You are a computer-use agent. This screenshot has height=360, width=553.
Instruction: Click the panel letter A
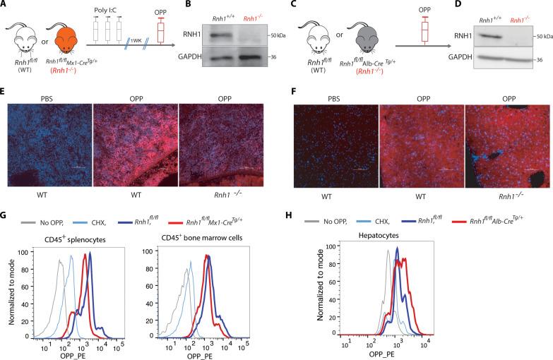(x=5, y=6)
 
